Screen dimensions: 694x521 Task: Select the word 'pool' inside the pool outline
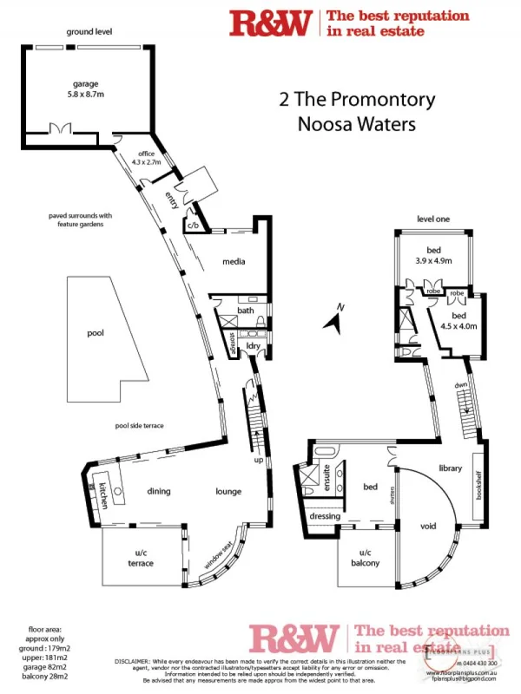[95, 332]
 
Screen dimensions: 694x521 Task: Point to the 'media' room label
[233, 260]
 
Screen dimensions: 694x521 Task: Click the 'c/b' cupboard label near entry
[193, 226]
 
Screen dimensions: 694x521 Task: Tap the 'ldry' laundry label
[254, 346]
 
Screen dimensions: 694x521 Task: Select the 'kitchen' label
[102, 494]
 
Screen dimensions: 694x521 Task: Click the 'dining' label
[158, 492]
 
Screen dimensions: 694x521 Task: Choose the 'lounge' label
[228, 492]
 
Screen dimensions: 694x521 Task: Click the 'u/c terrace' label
[141, 558]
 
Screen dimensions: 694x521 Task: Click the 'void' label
[427, 527]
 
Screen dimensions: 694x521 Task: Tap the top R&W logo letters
[270, 23]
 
